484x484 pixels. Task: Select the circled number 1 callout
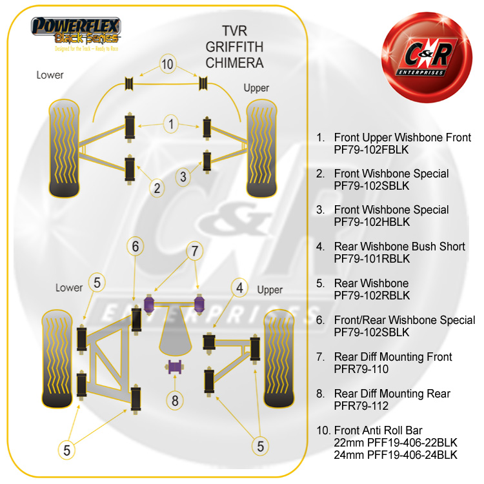171,123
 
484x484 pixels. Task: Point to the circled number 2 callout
157,188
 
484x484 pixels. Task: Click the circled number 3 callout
183,176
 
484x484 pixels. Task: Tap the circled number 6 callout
135,246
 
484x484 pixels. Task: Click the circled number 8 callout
174,399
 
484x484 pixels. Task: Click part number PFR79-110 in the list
362,369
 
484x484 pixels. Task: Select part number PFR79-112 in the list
362,406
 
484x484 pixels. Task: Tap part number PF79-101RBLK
372,259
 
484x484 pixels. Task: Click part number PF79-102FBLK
372,149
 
